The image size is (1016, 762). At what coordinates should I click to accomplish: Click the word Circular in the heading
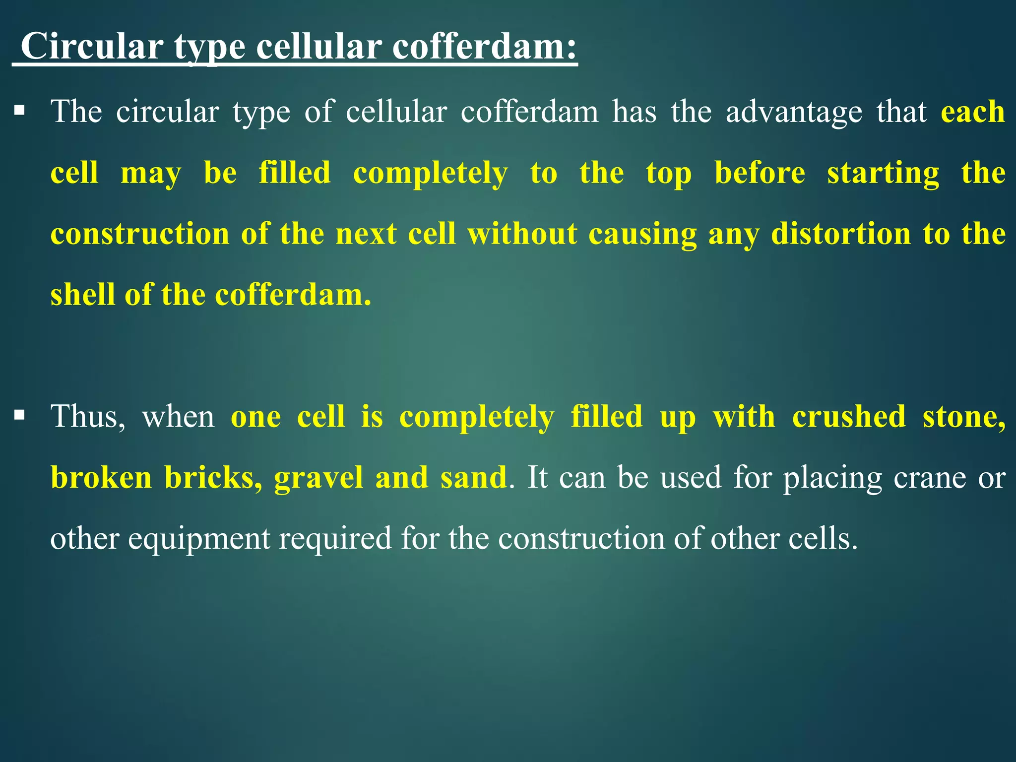92,46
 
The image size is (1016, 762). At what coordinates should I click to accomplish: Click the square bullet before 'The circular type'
19,110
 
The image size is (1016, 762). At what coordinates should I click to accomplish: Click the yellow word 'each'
973,111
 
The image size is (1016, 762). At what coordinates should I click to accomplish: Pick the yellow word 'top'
669,174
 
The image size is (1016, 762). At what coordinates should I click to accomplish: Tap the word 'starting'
883,174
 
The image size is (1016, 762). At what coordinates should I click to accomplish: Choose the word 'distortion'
841,234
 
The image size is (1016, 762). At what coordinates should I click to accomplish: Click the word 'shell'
82,295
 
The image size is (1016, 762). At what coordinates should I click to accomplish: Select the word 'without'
522,234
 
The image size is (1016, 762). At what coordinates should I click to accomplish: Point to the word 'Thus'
87,417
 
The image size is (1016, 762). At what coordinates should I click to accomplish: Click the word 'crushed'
849,416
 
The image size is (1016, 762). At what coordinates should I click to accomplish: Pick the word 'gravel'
318,478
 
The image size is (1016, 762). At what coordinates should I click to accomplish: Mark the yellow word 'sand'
473,477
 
